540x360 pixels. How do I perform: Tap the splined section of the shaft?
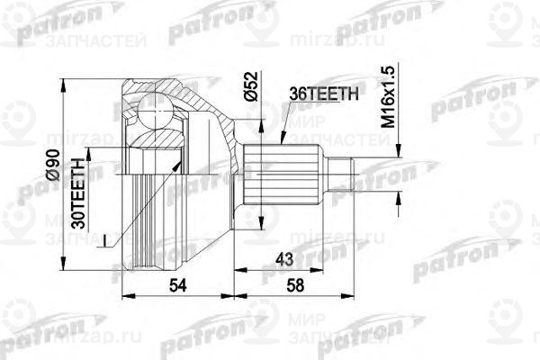(283, 170)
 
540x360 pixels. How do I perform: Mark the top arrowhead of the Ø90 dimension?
(64, 82)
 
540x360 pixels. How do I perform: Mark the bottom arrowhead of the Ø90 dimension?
(64, 266)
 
